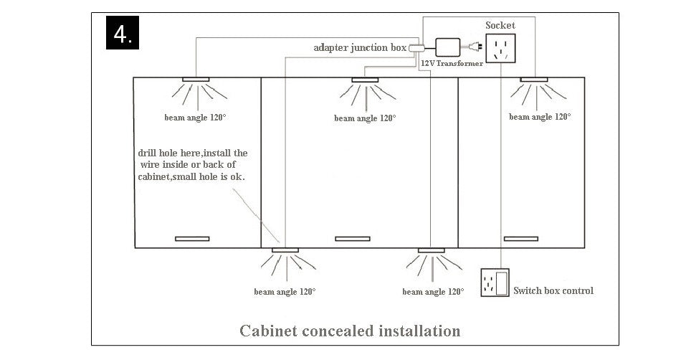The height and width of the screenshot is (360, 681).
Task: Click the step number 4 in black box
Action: (x=123, y=33)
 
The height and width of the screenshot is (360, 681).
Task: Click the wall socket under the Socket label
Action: (x=500, y=49)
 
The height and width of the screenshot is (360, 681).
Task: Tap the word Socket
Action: (x=500, y=25)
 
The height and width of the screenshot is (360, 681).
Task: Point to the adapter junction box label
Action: (x=360, y=47)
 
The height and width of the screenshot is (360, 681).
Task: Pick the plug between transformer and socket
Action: (x=474, y=49)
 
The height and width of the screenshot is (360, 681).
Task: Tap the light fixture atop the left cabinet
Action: (x=194, y=79)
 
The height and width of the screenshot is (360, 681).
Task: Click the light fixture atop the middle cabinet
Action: (x=364, y=79)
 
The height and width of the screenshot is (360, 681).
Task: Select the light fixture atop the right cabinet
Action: (x=534, y=79)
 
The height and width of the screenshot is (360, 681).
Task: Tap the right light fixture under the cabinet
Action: (x=432, y=250)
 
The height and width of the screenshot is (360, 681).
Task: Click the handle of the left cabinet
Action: (x=192, y=238)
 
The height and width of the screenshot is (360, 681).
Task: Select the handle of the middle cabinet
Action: (x=352, y=238)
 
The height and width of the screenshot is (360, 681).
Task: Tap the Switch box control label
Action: (x=553, y=290)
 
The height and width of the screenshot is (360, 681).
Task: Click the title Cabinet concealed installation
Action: (x=350, y=331)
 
